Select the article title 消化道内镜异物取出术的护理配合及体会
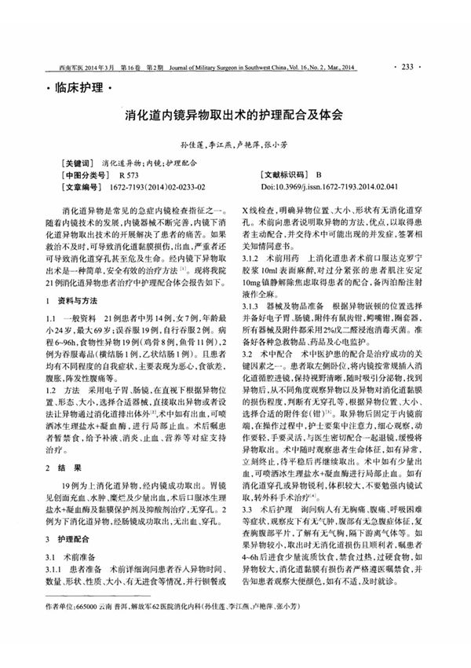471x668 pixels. pyautogui.click(x=235, y=115)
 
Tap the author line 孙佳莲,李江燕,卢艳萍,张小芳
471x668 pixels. pyautogui.click(x=235, y=145)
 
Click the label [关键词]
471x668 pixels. pyautogui.click(x=80, y=163)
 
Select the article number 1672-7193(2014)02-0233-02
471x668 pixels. pyautogui.click(x=162, y=188)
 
